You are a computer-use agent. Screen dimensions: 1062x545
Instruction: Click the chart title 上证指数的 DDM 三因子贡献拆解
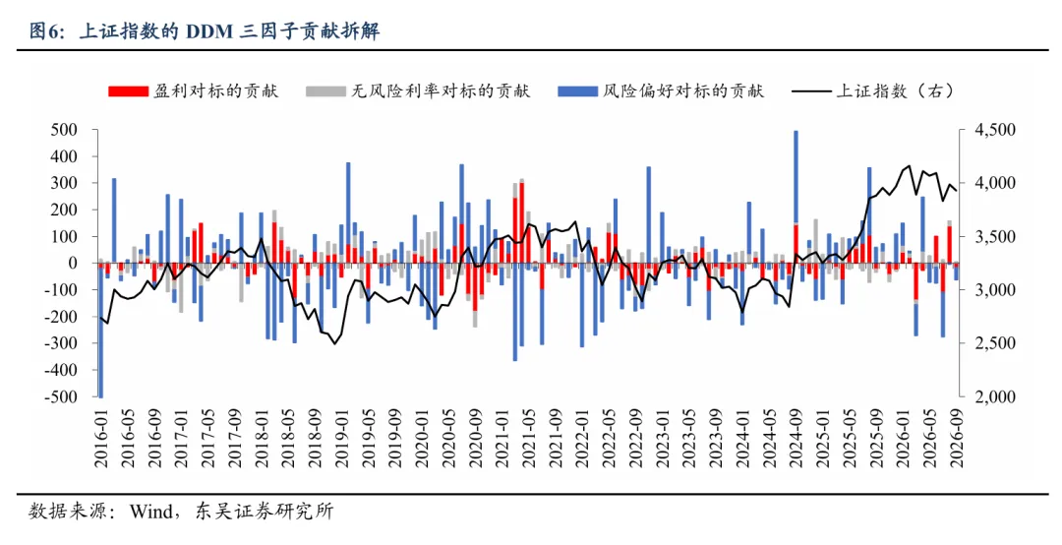[229, 31]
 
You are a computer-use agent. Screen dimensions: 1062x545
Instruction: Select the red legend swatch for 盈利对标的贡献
[128, 91]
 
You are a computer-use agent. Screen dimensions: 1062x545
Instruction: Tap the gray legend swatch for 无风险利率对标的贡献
[325, 91]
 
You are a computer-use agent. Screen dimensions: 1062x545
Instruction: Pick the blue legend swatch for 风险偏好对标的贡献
[578, 91]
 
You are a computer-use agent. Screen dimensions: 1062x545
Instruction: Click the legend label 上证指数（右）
[895, 91]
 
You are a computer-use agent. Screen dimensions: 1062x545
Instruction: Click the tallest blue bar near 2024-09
[796, 176]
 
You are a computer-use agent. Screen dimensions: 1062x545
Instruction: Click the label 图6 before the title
[47, 31]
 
